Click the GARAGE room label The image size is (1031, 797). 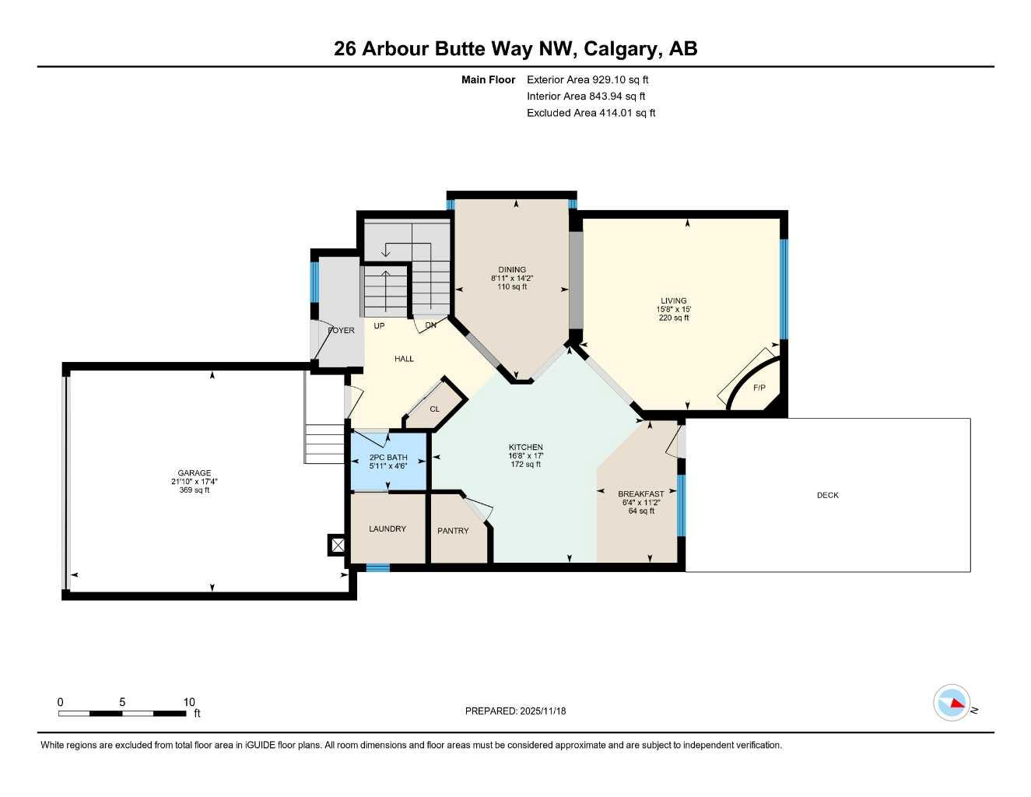(194, 473)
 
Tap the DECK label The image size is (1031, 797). (827, 495)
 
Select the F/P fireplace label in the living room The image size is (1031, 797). (759, 388)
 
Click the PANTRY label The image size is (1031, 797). (453, 531)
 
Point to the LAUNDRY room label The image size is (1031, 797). (387, 529)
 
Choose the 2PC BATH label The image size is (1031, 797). (388, 458)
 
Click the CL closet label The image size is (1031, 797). (435, 409)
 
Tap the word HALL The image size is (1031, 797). (404, 359)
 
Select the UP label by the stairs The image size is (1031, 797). (379, 326)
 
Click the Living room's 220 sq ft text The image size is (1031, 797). (674, 318)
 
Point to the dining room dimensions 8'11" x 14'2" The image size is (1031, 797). (512, 279)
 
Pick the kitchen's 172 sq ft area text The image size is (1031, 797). (526, 465)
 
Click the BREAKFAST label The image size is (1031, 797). (640, 494)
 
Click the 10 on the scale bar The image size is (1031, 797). (189, 702)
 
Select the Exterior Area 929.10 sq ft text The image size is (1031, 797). (587, 79)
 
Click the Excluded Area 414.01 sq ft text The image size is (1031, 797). (591, 113)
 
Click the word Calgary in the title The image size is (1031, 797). (620, 49)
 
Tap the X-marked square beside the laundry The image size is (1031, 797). (338, 545)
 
